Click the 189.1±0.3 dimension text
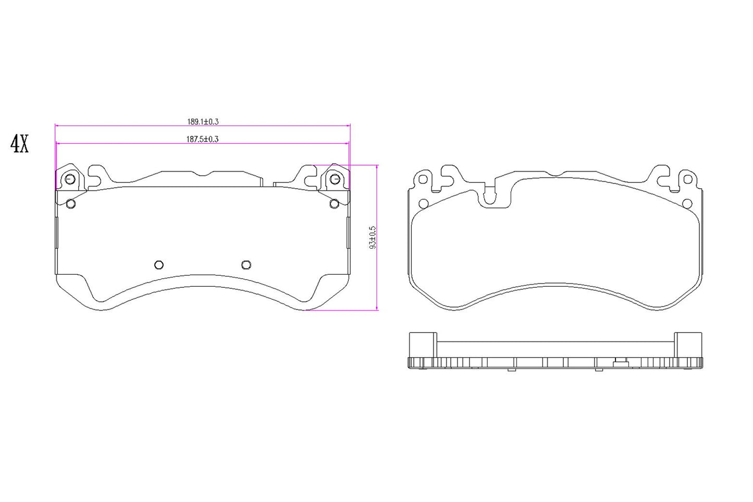point(203,122)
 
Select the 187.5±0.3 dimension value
point(202,139)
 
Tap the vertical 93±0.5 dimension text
point(372,238)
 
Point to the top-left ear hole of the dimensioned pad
point(70,179)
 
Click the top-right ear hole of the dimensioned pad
point(335,179)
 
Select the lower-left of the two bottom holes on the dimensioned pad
point(159,265)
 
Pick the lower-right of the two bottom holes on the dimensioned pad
point(246,265)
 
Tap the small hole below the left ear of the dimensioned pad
point(71,203)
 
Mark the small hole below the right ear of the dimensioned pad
point(334,203)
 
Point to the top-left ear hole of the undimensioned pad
point(423,179)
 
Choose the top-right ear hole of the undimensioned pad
point(687,179)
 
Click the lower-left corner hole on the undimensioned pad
point(423,203)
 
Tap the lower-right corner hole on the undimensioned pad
point(687,203)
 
